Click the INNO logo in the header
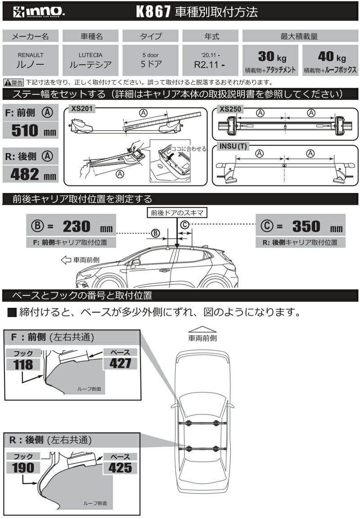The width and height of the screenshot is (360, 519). click(x=38, y=12)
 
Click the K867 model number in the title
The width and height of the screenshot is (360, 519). click(x=153, y=12)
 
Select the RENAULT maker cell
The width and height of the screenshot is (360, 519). click(x=31, y=60)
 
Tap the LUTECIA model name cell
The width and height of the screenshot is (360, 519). click(x=90, y=60)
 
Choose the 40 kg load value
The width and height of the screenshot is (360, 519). click(x=332, y=57)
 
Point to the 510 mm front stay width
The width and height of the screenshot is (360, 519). click(x=34, y=131)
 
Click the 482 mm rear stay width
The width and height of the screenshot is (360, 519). click(x=33, y=174)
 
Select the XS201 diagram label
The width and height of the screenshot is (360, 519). click(x=82, y=108)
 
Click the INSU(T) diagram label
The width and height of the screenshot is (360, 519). click(x=233, y=146)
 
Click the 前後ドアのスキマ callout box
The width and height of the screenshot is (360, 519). click(x=177, y=213)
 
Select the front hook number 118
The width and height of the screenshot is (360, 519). click(x=23, y=365)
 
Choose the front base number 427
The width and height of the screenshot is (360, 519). click(x=120, y=363)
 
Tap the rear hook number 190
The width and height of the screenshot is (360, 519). click(x=23, y=467)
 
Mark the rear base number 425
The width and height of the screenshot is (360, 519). click(x=120, y=467)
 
